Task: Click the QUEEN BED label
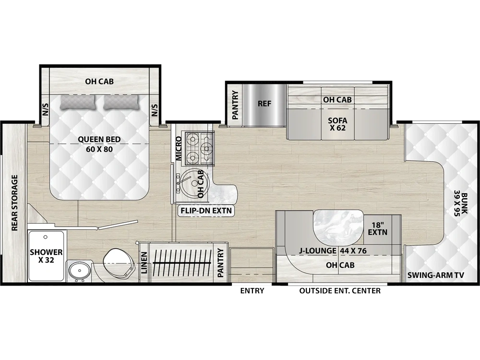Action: point(99,139)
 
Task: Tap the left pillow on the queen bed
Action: point(77,102)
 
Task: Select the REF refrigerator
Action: point(264,104)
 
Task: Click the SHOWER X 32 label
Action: point(46,256)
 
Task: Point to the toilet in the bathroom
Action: point(119,263)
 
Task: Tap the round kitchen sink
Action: point(192,183)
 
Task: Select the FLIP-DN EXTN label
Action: point(206,211)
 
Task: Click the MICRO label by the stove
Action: point(179,148)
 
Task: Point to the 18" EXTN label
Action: point(378,228)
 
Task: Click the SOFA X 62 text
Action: point(337,124)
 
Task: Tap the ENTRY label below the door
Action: point(252,291)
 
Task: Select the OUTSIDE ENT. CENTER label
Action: point(340,291)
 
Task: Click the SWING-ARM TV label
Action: point(436,275)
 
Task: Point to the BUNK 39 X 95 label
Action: point(461,204)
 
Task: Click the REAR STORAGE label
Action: point(15,203)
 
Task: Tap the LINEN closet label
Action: point(144,263)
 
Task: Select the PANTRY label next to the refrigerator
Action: point(235,105)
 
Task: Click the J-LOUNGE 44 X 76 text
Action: point(333,251)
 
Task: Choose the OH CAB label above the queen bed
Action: point(99,82)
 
